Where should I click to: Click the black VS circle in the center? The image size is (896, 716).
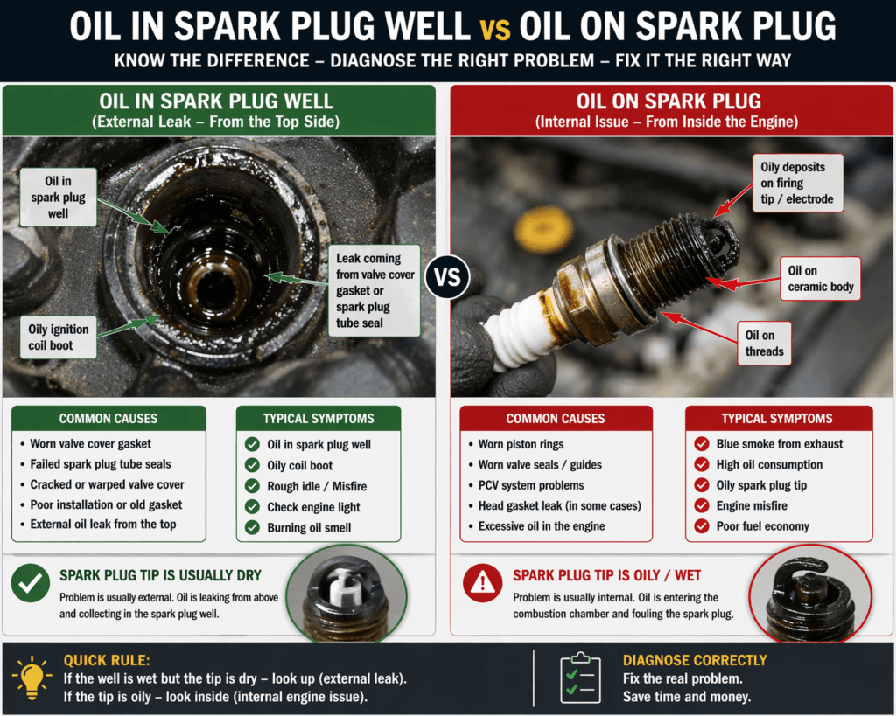pyautogui.click(x=447, y=279)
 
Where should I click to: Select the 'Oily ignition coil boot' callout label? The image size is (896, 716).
pyautogui.click(x=57, y=337)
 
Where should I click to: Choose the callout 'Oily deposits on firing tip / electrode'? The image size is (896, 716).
pyautogui.click(x=798, y=183)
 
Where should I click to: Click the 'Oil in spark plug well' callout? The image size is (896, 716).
pyautogui.click(x=58, y=197)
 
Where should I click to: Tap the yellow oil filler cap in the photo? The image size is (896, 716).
pyautogui.click(x=543, y=230)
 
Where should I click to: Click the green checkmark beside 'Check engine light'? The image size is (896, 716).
pyautogui.click(x=252, y=507)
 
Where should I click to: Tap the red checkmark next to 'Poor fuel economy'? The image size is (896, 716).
pyautogui.click(x=701, y=526)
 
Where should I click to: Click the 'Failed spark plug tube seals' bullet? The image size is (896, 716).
pyautogui.click(x=100, y=464)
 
